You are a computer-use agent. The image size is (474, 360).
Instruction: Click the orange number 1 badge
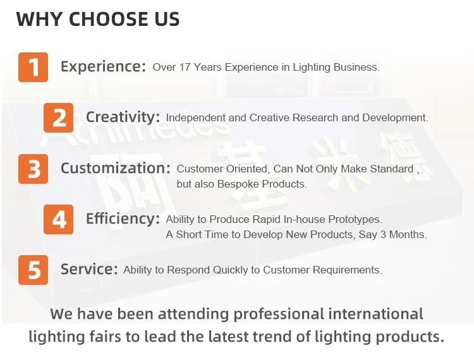click(33, 67)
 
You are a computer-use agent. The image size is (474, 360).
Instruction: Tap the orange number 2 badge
click(58, 117)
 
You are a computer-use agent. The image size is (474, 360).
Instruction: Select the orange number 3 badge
click(33, 169)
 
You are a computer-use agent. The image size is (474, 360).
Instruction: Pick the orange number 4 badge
click(58, 220)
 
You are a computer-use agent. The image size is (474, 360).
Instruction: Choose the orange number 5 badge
click(33, 270)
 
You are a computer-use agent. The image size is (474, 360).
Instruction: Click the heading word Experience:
click(104, 67)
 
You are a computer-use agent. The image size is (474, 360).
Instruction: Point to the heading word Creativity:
click(123, 117)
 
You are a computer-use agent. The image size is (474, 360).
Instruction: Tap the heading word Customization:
click(116, 168)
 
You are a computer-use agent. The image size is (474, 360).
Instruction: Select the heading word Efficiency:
click(123, 219)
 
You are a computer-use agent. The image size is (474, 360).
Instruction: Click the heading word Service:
click(89, 269)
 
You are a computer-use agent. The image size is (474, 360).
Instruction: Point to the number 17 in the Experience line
click(185, 67)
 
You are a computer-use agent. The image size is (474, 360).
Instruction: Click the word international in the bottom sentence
click(375, 314)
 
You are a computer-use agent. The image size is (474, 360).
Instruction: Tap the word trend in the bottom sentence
click(272, 337)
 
